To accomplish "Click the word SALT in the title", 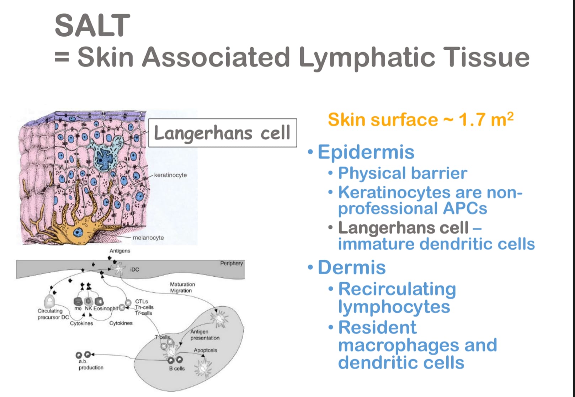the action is coord(92,25).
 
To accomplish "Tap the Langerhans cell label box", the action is coord(222,133).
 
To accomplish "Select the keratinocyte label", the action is coord(170,175).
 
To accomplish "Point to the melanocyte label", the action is coord(148,238).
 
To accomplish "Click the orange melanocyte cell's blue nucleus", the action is coord(78,233).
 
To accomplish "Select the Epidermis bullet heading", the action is coord(366,152).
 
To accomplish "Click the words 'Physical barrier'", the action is coord(403,173).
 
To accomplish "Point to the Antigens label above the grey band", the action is coord(120,251).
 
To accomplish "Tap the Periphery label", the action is coord(231,263).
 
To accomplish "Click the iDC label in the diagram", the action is coord(134,270).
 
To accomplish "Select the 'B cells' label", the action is coord(177,369).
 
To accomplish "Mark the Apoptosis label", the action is coord(205,350).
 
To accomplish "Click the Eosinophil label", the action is coord(105,308).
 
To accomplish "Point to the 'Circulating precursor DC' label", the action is coord(53,314).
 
